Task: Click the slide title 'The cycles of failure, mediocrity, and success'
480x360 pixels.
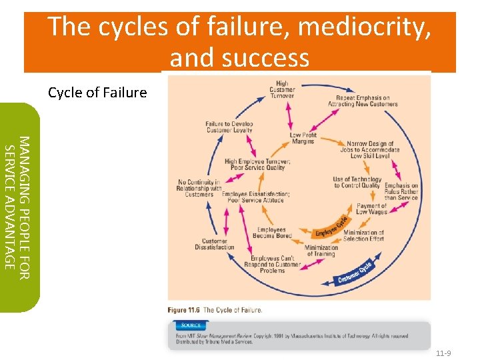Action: click(240, 41)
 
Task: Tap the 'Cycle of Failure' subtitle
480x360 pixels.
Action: click(97, 93)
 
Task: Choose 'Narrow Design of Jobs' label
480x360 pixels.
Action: click(371, 149)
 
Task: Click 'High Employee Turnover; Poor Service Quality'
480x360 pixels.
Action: click(257, 165)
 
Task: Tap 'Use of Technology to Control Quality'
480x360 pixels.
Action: click(357, 182)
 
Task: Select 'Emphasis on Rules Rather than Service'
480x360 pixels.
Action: click(401, 191)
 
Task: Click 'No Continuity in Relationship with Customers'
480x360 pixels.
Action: click(199, 188)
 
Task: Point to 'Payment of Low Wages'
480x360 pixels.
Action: click(371, 209)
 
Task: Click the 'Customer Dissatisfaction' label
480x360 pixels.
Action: click(215, 244)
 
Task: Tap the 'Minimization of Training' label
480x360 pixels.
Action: click(321, 250)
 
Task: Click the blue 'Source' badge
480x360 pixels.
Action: click(191, 325)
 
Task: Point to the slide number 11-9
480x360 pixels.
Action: click(443, 353)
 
